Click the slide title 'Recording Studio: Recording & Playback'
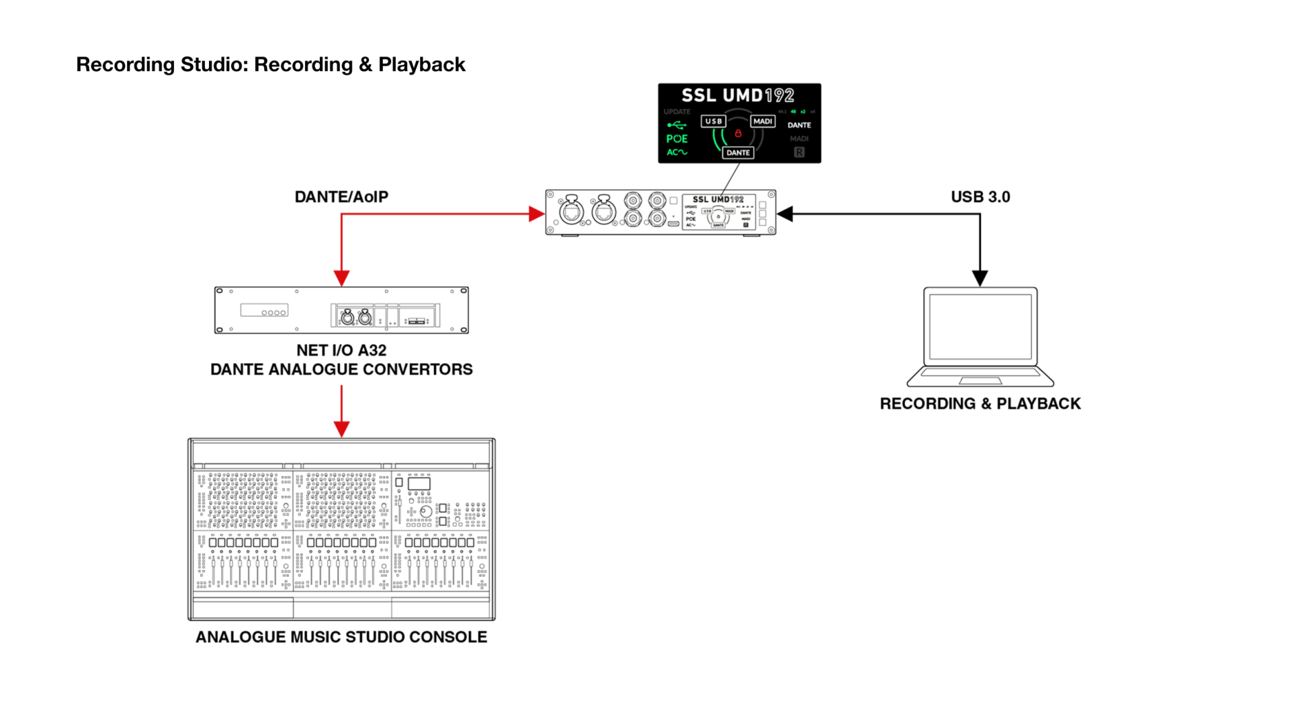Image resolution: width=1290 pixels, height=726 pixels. [x=270, y=65]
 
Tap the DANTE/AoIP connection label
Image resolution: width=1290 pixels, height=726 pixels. [x=341, y=197]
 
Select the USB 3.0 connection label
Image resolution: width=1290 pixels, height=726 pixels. [x=980, y=197]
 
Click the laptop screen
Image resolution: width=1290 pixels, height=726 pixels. [x=980, y=327]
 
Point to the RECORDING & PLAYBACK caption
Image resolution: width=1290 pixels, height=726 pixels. [x=980, y=403]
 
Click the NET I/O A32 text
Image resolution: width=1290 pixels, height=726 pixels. [x=341, y=350]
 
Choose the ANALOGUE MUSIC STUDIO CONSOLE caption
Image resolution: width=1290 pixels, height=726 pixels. [x=341, y=637]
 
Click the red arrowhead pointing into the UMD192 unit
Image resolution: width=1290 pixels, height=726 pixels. [x=536, y=214]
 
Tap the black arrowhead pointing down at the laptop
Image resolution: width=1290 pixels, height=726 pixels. [x=980, y=278]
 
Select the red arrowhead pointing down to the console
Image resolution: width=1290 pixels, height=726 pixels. [x=341, y=429]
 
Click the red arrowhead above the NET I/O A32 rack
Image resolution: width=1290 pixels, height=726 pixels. [x=341, y=278]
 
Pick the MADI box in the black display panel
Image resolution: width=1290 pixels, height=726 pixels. [x=763, y=121]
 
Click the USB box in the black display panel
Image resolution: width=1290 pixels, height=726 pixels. [x=714, y=121]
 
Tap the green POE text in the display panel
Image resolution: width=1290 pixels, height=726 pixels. [x=677, y=138]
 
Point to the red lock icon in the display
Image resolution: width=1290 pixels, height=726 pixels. [x=738, y=134]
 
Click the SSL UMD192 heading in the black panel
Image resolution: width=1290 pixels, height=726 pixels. [x=738, y=95]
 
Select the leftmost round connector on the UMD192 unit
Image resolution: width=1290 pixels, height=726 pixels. [x=572, y=211]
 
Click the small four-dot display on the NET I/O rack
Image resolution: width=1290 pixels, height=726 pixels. [x=265, y=311]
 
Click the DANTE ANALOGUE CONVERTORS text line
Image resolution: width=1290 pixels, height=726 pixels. [x=341, y=370]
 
